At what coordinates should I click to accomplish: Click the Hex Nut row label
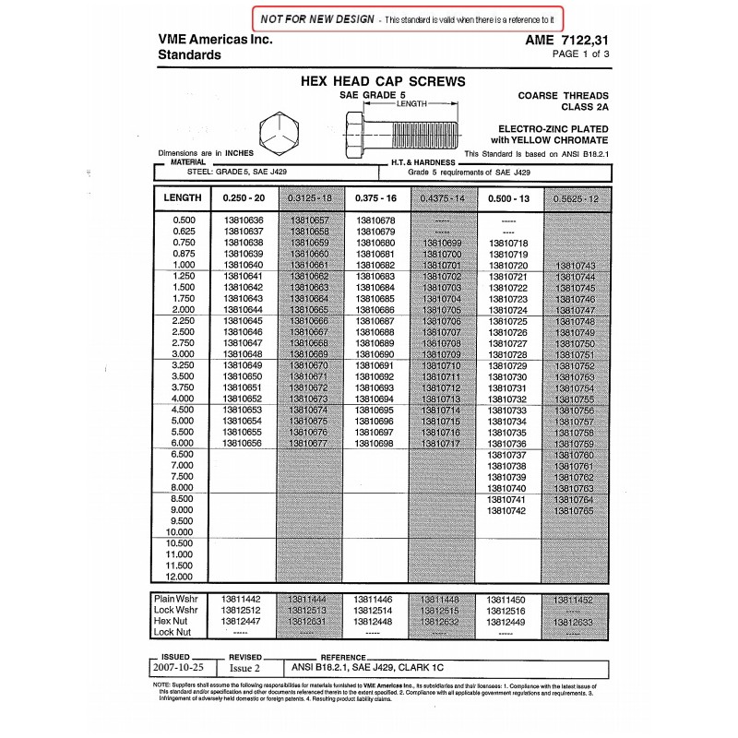click(174, 621)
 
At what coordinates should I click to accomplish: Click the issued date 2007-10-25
click(179, 665)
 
